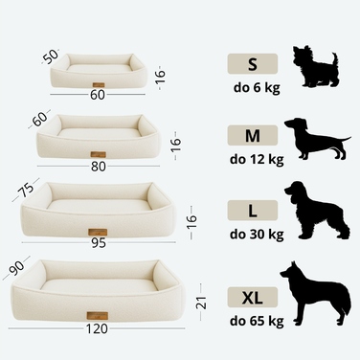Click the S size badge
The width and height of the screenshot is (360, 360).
(253, 64)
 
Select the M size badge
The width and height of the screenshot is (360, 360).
(253, 135)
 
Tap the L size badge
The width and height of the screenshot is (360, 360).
(253, 210)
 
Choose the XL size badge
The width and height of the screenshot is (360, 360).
(253, 297)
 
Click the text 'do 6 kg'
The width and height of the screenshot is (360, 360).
(257, 88)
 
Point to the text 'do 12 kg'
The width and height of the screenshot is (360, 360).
(257, 159)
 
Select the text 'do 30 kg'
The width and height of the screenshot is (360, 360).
(257, 235)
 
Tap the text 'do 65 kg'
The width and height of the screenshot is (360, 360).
(257, 321)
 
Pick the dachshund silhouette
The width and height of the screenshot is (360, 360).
(317, 139)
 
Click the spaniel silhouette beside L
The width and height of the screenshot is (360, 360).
(317, 210)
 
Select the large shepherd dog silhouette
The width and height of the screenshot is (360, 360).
(315, 292)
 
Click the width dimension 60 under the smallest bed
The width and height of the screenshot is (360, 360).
(98, 95)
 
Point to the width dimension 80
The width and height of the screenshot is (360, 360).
(99, 167)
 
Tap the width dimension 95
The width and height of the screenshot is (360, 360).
(99, 243)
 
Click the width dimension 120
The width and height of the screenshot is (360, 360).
(97, 328)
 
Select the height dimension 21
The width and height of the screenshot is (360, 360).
(202, 303)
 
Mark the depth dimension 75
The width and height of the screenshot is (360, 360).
(26, 190)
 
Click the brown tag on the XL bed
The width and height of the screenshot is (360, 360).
(97, 316)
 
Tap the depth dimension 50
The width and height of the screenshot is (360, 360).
(51, 56)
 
